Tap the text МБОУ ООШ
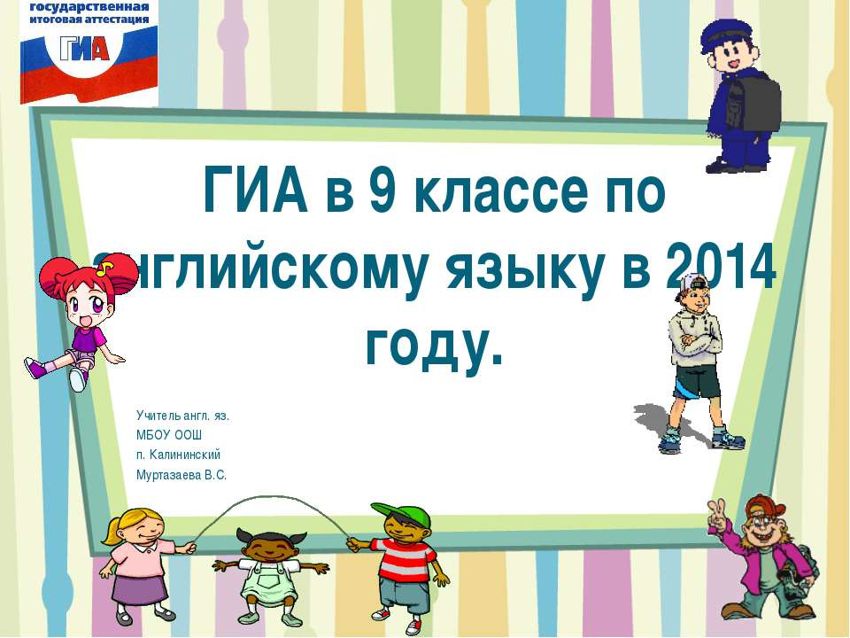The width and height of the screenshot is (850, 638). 169,435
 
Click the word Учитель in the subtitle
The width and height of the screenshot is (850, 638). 158,415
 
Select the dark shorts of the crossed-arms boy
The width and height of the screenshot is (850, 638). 696,384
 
